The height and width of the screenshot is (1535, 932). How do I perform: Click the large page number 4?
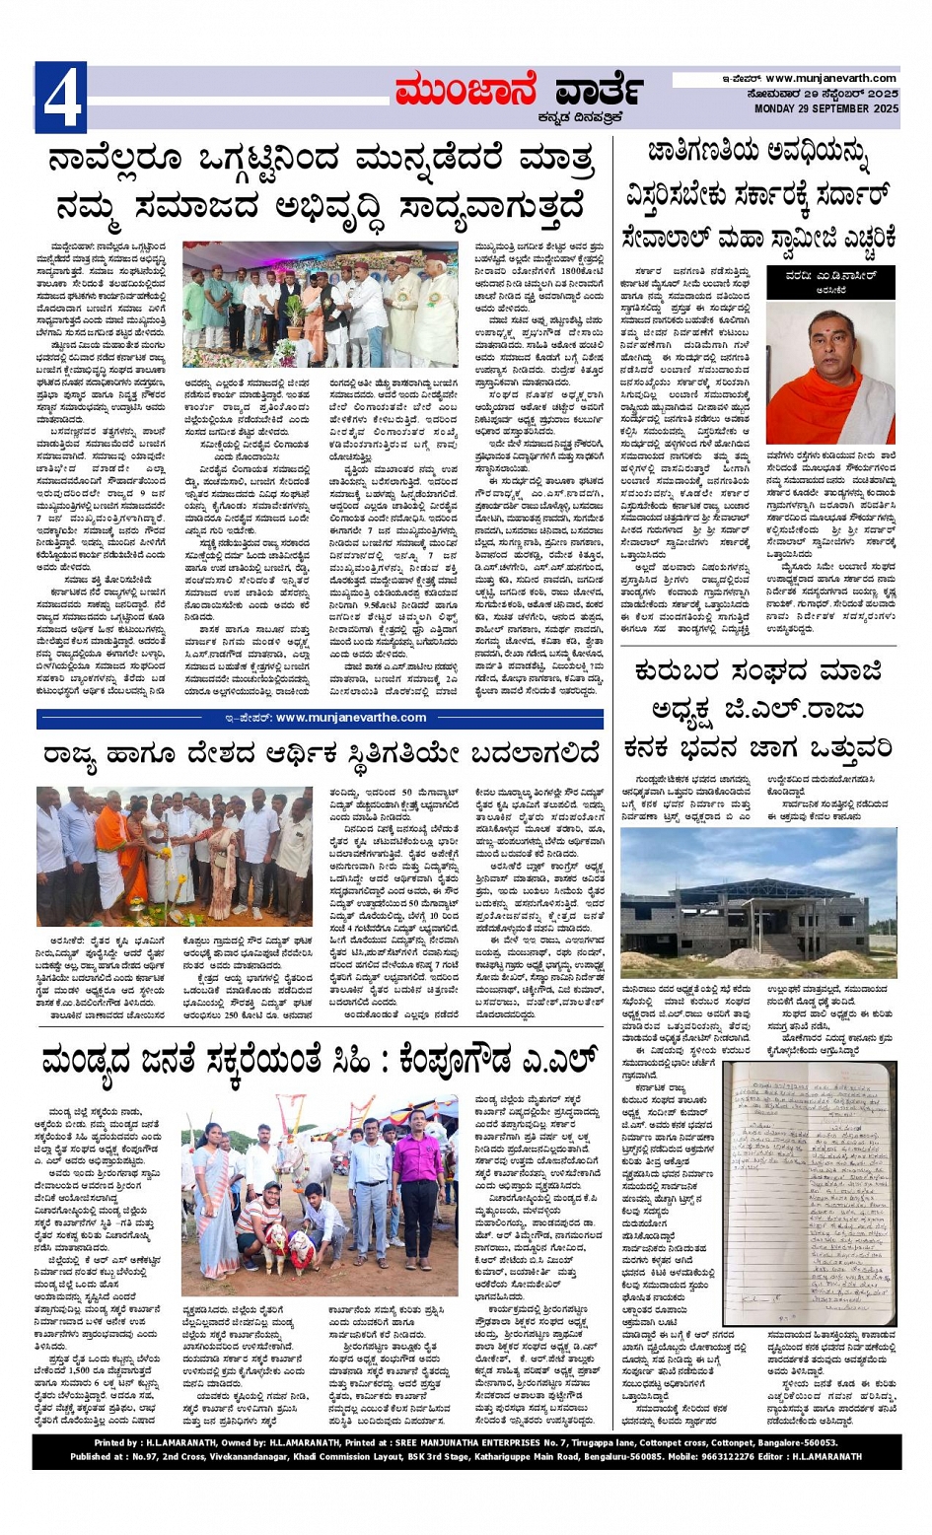tap(60, 98)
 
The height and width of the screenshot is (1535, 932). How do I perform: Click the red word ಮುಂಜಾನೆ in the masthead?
tap(465, 91)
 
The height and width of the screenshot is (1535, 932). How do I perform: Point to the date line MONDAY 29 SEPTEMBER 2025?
tap(826, 109)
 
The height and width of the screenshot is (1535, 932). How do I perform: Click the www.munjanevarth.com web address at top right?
tap(830, 78)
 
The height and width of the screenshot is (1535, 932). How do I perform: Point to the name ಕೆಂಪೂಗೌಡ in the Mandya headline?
tap(482, 1062)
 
